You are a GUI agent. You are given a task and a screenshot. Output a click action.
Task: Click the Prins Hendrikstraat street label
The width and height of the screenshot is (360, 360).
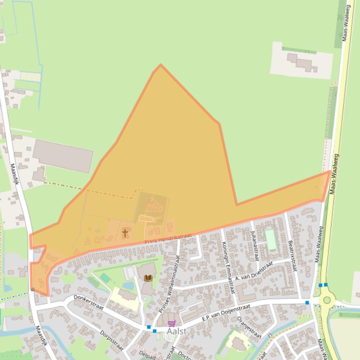(x=168, y=238)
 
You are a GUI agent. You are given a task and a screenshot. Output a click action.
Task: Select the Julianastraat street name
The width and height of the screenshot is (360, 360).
(x=254, y=245)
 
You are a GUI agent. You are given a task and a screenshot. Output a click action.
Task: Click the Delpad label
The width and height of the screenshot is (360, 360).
(x=147, y=355)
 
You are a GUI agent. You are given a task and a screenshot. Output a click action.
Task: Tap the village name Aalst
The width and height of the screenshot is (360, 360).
(x=176, y=331)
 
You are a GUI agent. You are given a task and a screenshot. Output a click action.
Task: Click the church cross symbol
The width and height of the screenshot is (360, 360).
(x=125, y=232)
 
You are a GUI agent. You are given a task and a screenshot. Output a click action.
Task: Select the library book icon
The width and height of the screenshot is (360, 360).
(x=148, y=278)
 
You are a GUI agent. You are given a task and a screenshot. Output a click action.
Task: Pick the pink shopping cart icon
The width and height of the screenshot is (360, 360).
(x=172, y=323)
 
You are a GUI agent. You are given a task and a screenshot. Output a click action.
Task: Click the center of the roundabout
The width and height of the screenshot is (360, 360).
(x=327, y=300)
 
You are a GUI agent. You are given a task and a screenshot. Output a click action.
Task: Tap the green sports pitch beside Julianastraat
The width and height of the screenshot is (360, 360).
(x=270, y=239)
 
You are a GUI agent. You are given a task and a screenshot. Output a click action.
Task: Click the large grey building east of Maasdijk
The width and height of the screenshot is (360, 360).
(x=63, y=156)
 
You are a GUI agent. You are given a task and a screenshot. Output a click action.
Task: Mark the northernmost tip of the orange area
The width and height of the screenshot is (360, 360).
(x=160, y=65)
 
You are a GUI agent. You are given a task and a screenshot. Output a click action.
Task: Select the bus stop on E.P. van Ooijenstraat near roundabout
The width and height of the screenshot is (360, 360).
(x=307, y=303)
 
